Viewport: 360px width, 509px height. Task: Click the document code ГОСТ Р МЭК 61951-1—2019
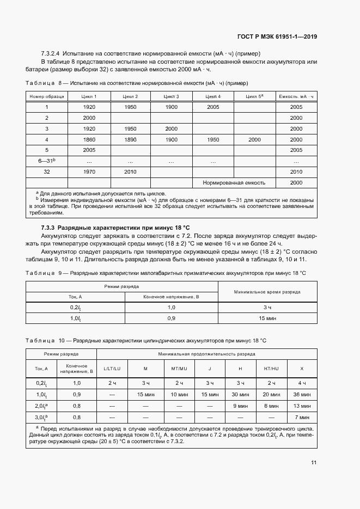pos(277,36)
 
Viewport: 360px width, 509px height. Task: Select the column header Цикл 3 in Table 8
pos(171,96)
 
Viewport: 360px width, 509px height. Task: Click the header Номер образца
pos(47,96)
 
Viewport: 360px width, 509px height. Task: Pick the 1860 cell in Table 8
pos(89,139)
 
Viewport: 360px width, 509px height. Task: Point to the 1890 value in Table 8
pos(130,139)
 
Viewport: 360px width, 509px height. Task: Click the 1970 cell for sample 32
pos(89,172)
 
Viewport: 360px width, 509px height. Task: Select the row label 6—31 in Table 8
pos(47,161)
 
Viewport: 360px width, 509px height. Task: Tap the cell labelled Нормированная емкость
pos(234,183)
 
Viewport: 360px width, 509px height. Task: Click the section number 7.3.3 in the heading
pos(51,226)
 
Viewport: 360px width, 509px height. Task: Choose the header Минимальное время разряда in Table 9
pos(267,291)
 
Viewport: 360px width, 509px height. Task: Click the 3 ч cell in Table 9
pos(267,307)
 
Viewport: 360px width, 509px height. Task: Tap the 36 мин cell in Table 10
pos(302,394)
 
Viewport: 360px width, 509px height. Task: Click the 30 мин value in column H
pos(240,394)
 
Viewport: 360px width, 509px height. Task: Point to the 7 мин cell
pos(302,417)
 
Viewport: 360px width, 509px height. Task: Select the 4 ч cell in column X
pos(302,383)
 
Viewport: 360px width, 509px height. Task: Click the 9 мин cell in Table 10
pos(240,406)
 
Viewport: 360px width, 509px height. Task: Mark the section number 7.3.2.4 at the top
pos(51,54)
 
